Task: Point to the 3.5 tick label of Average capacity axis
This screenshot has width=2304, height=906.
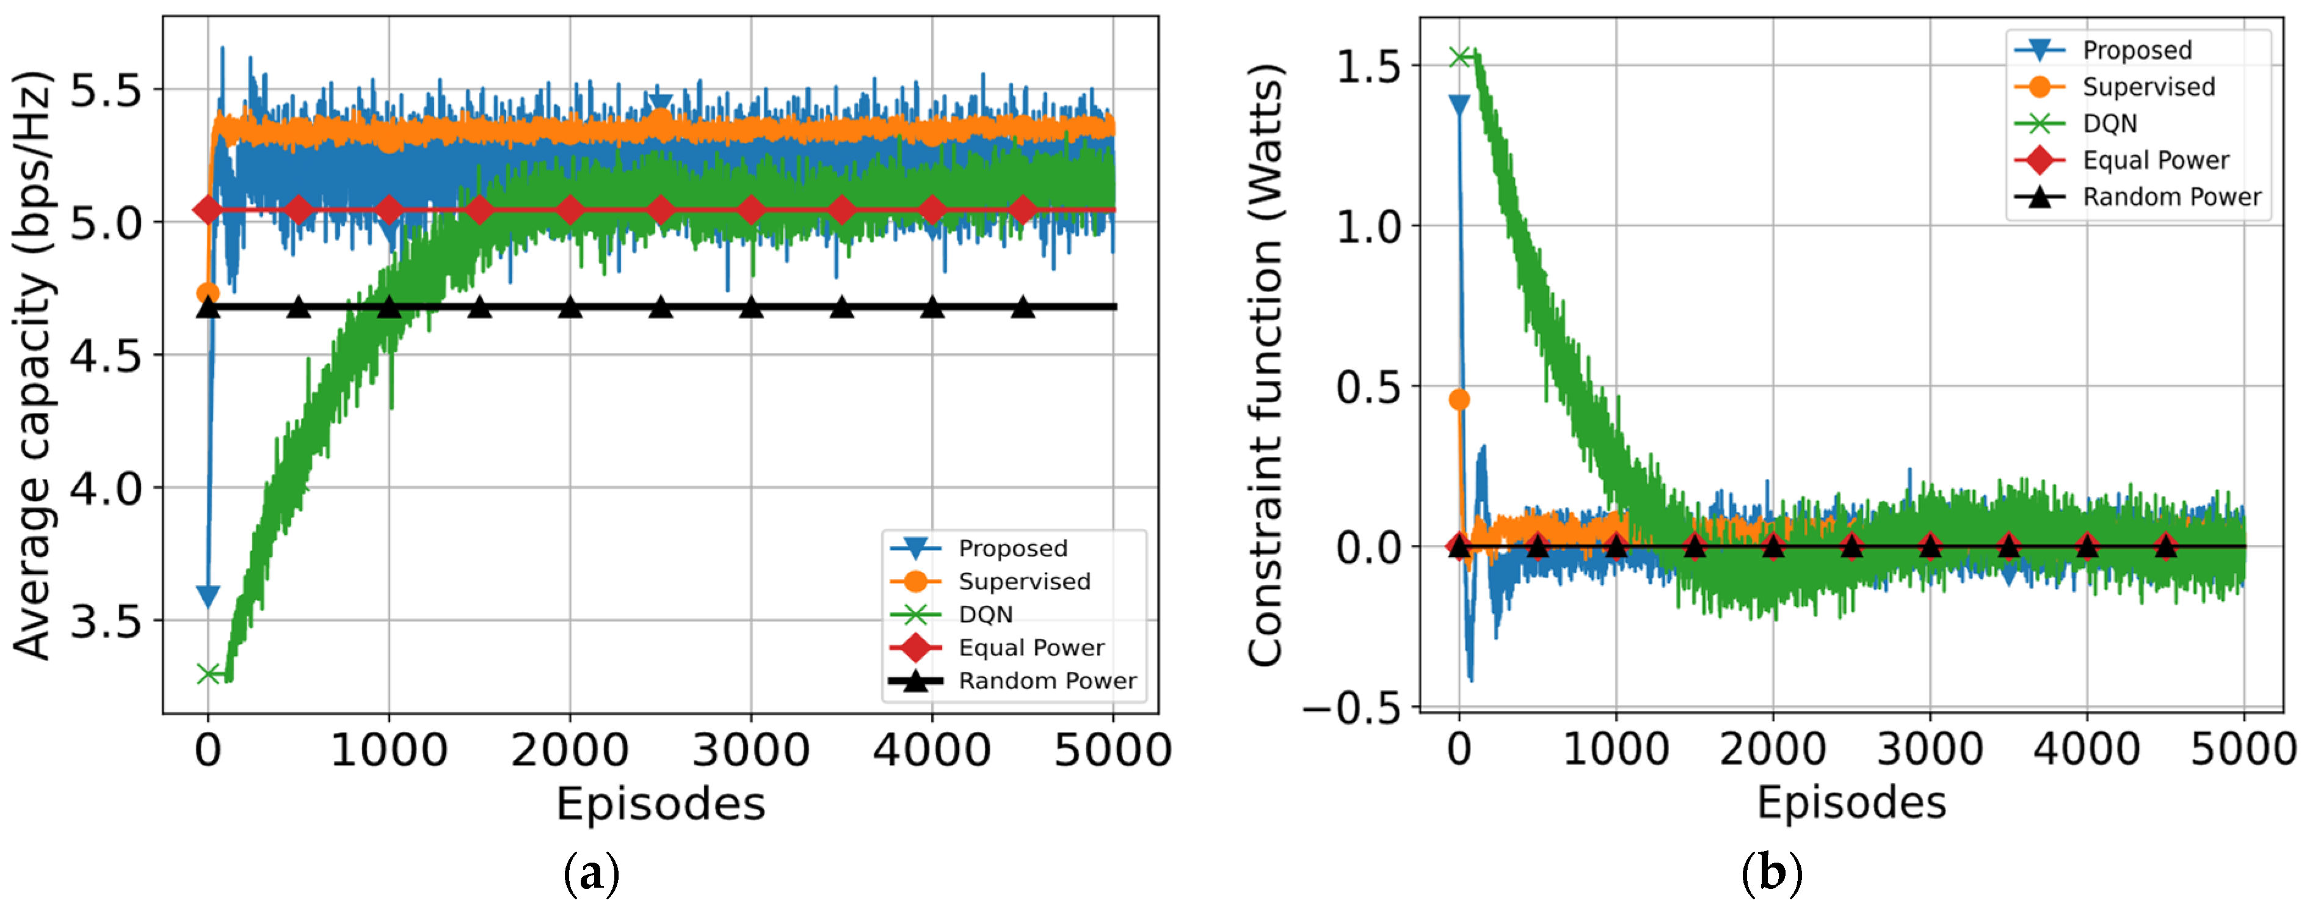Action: tap(106, 620)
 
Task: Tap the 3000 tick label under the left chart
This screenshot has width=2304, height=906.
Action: tap(750, 750)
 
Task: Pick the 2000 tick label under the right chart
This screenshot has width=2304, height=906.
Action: tap(1773, 750)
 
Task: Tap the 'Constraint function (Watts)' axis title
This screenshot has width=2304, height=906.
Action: tap(1266, 365)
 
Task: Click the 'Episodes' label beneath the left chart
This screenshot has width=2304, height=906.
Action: tap(660, 803)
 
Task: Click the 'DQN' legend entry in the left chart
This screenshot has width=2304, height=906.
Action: tap(986, 615)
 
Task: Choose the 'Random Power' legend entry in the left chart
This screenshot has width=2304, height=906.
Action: tap(1047, 681)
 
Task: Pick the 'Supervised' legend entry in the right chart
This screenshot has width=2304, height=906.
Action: tap(2148, 87)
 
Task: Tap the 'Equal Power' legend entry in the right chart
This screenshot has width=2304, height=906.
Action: tap(2156, 160)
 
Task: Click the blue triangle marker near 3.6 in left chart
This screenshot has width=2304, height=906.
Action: tap(208, 596)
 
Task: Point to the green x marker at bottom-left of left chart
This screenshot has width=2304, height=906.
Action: tap(208, 673)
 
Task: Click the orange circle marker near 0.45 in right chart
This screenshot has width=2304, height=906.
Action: tap(1459, 399)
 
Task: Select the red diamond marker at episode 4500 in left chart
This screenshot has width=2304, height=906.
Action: tap(1023, 210)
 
